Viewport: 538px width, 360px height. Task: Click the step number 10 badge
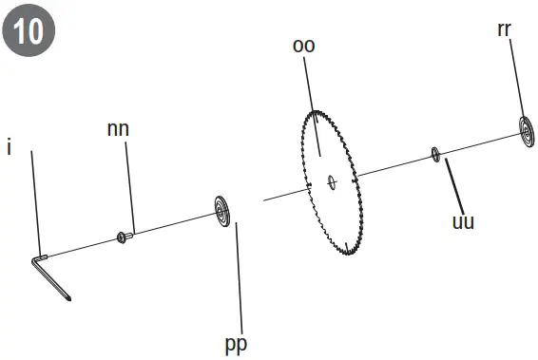[29, 29]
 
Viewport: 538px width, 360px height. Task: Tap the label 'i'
[9, 149]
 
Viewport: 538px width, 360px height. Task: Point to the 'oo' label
[304, 47]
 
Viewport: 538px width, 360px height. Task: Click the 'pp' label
[236, 343]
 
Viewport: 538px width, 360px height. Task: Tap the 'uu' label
[463, 223]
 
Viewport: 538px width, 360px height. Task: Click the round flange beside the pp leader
[223, 210]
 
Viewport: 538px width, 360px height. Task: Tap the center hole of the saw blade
[330, 180]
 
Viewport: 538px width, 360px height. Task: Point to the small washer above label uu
[435, 153]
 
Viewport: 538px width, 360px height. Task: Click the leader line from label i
[35, 199]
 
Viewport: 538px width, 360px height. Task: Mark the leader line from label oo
[315, 104]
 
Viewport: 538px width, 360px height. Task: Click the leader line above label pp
[239, 275]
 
